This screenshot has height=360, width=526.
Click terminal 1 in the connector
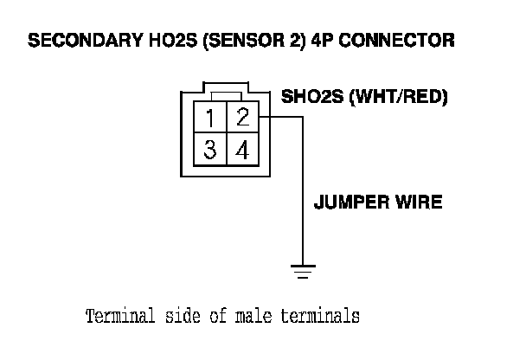point(210,117)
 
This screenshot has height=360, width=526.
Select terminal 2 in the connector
point(243,117)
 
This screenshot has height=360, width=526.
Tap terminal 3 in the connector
point(210,149)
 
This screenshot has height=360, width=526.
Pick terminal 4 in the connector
point(243,149)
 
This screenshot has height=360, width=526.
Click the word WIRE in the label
point(419,203)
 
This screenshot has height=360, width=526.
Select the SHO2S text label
point(310,97)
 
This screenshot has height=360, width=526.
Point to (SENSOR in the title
point(234,41)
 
